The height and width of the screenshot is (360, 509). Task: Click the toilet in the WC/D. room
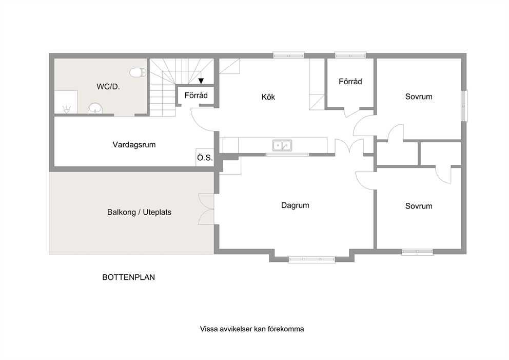(x=138, y=72)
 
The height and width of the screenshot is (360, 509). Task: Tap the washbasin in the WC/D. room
(x=95, y=108)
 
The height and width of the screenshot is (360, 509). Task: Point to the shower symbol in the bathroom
(x=67, y=110)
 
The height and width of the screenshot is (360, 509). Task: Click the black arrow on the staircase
(x=201, y=81)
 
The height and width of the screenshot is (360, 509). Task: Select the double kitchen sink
(x=282, y=145)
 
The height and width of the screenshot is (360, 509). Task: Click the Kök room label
(x=268, y=97)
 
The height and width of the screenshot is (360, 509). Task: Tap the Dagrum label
(x=295, y=205)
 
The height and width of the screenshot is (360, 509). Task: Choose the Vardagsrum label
(x=134, y=145)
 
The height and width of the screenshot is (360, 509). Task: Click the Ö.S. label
(x=205, y=158)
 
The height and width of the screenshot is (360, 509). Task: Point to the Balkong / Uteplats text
(x=139, y=212)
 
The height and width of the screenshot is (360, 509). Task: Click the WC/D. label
(x=108, y=87)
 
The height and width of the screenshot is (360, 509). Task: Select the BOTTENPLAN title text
(x=129, y=277)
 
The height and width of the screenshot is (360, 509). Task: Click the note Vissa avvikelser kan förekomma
(x=252, y=329)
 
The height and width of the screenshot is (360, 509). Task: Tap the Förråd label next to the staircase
(x=196, y=96)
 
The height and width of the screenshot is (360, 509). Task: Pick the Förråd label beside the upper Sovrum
(x=350, y=82)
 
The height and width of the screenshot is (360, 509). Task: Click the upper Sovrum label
(x=419, y=97)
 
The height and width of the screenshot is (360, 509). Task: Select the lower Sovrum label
(x=419, y=206)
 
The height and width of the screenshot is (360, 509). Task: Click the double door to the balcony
(x=206, y=209)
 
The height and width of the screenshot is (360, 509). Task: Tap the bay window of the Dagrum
(x=311, y=259)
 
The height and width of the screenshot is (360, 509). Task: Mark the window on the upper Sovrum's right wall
(x=464, y=106)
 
